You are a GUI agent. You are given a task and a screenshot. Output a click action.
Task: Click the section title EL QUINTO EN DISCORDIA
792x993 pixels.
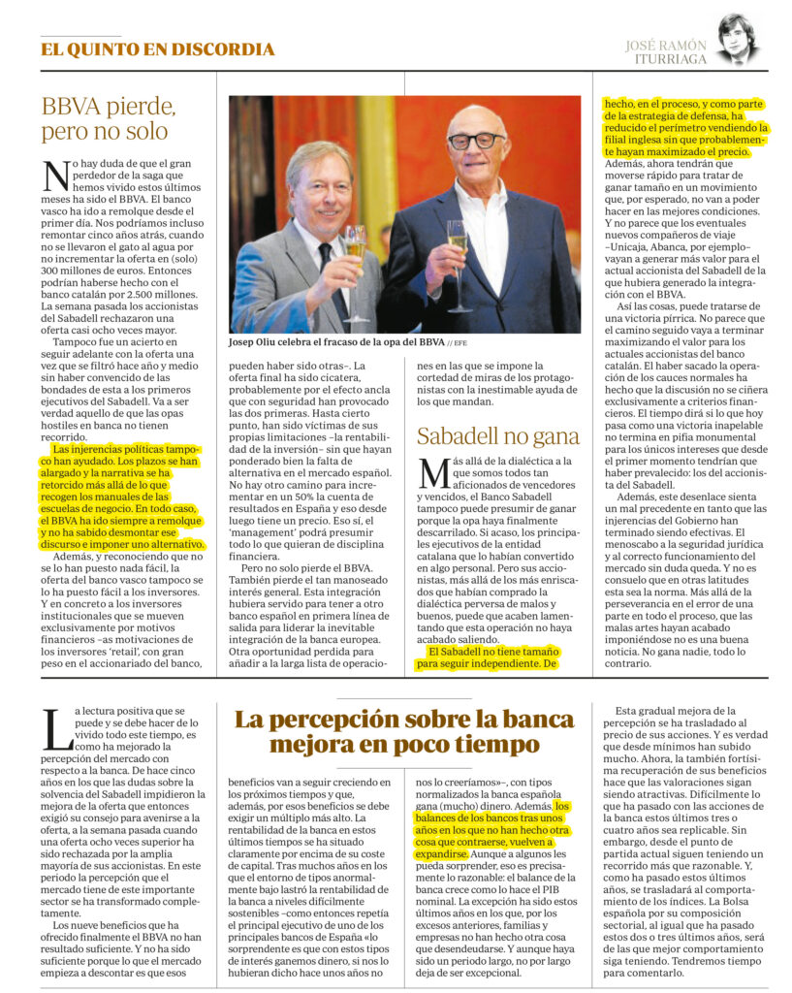158,49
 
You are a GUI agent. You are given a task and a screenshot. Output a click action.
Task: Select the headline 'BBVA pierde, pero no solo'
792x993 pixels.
109,118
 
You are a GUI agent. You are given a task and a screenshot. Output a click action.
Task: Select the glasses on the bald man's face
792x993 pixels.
476,142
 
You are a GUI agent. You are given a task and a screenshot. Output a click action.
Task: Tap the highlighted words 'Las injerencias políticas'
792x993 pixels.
107,450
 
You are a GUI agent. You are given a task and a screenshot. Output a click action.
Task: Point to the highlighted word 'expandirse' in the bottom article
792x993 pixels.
442,854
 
